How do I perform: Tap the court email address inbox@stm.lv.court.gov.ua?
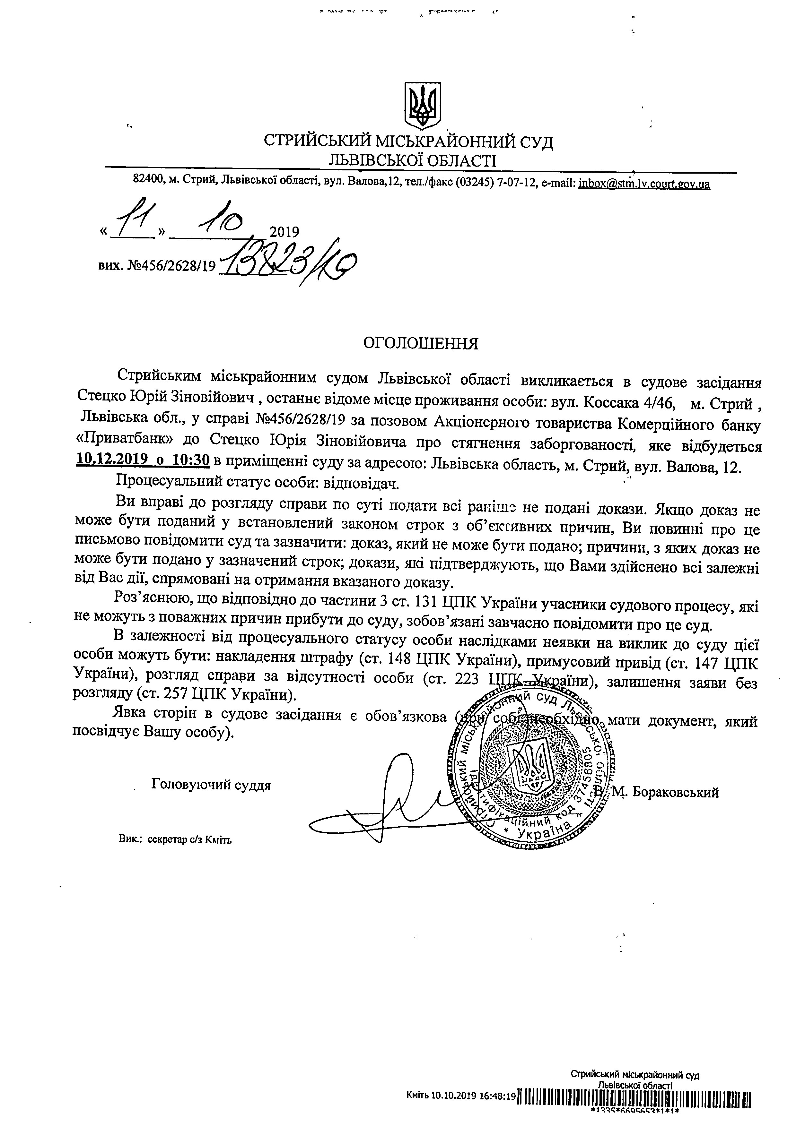(644, 184)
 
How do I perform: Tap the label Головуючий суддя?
(211, 784)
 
